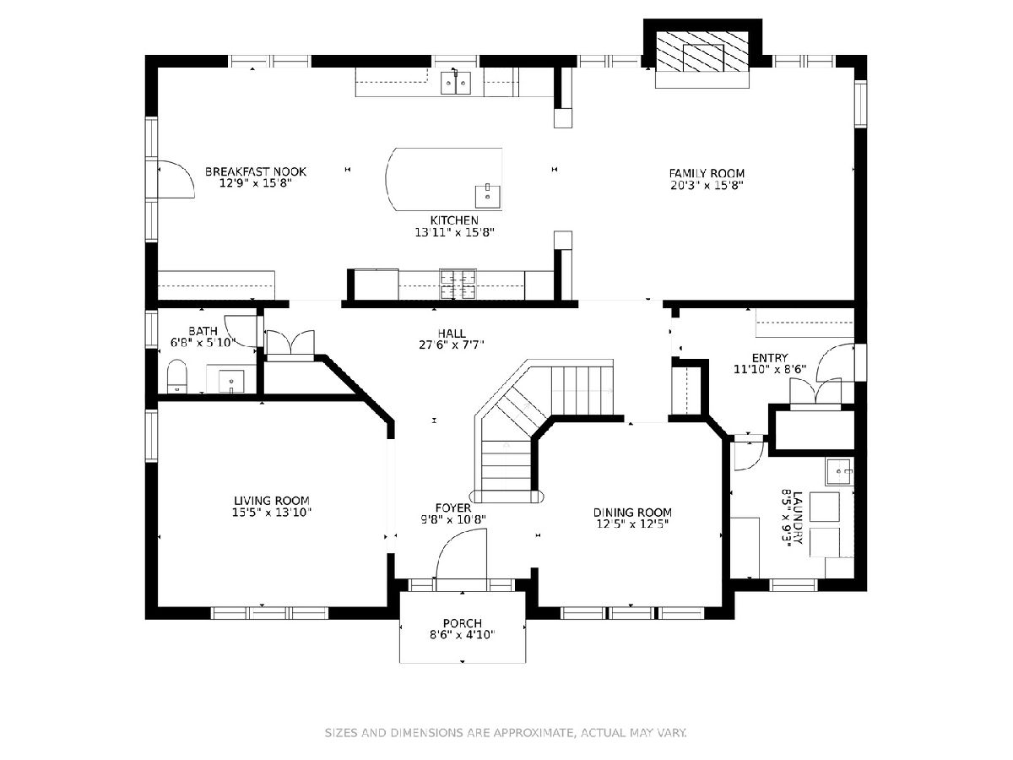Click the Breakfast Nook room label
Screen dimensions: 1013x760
point(256,171)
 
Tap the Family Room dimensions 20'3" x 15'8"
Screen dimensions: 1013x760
point(707,186)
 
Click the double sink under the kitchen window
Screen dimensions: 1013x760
point(456,83)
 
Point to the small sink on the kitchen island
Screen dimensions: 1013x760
point(488,197)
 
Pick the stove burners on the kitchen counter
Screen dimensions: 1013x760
point(458,285)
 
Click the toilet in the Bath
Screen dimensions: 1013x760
point(176,376)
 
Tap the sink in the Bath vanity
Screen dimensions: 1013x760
point(230,381)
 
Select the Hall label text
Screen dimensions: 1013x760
point(452,334)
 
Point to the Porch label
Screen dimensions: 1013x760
point(462,623)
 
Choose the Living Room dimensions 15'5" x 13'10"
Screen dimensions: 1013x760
point(272,513)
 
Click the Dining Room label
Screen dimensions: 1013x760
point(632,513)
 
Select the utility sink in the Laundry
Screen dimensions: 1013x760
point(839,471)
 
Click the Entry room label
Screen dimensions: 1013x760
point(770,358)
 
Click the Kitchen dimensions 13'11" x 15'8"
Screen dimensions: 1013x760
point(454,232)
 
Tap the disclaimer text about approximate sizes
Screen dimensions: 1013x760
point(506,733)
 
